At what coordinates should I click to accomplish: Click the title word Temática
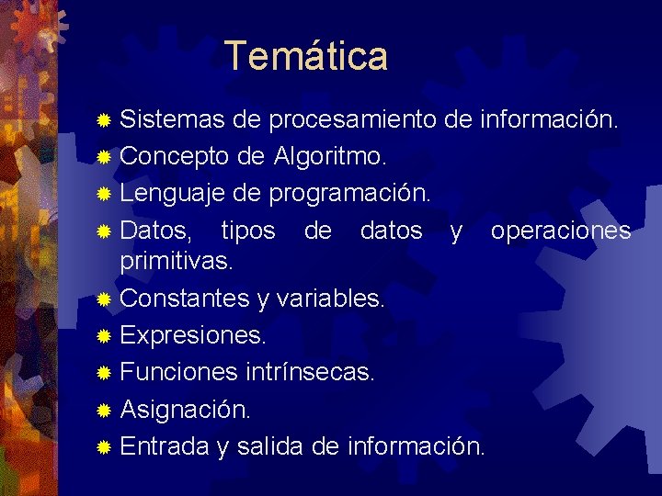306,55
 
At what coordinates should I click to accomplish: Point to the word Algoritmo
329,156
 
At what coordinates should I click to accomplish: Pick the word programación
349,193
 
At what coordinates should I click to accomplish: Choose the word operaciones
561,230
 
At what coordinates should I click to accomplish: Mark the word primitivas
177,261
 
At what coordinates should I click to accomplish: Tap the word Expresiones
193,335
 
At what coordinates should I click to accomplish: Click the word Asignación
185,409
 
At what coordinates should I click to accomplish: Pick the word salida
270,446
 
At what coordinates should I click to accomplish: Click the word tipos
248,230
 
